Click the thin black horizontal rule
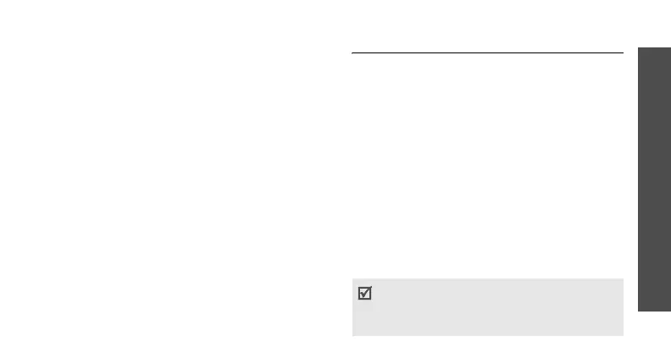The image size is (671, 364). [487, 53]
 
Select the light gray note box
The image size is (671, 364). [487, 307]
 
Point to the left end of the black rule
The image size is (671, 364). [352, 53]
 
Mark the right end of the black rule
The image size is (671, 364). [623, 53]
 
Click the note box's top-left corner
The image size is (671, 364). [352, 279]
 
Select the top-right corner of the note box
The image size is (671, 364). [623, 279]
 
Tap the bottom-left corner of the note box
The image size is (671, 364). [352, 336]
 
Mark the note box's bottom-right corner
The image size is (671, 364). [623, 336]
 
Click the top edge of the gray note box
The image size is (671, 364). [487, 279]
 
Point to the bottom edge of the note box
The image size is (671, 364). [487, 336]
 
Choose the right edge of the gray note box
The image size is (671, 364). [623, 307]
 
